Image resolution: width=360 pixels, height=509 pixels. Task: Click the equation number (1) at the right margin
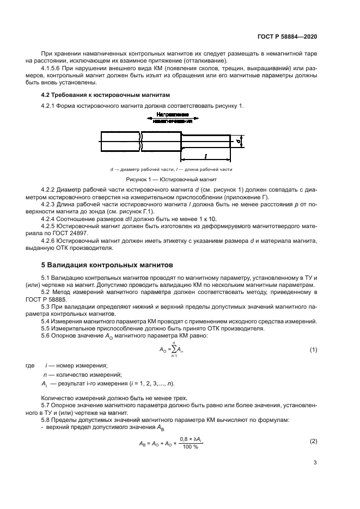pos(313,349)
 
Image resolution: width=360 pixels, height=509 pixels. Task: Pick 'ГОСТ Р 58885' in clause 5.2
pos(53,299)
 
